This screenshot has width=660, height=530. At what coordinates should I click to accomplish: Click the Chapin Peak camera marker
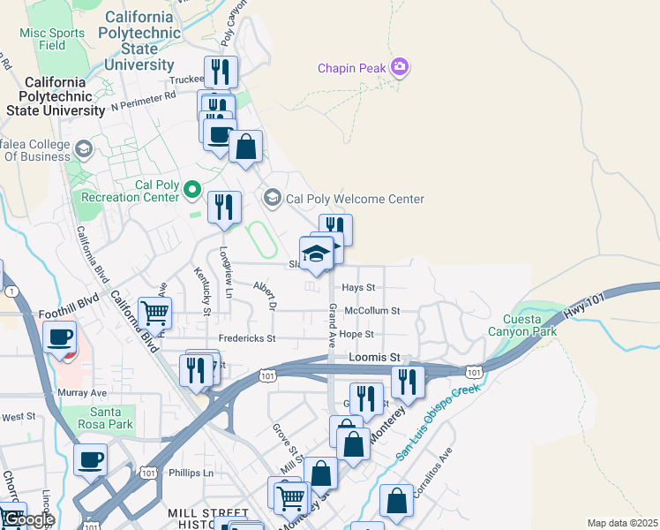click(x=400, y=67)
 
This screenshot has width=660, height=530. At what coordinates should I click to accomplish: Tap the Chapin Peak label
click(x=353, y=68)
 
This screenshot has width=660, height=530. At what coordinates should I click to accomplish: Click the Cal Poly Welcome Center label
click(x=355, y=200)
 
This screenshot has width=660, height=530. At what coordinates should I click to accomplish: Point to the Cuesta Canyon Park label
click(x=529, y=325)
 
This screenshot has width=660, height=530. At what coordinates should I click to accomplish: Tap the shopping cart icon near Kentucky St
click(x=155, y=312)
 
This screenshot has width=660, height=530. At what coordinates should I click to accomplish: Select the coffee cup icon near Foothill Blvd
click(x=60, y=337)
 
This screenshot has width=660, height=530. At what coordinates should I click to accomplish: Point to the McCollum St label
click(x=372, y=311)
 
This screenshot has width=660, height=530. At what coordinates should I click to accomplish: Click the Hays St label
click(x=358, y=288)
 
